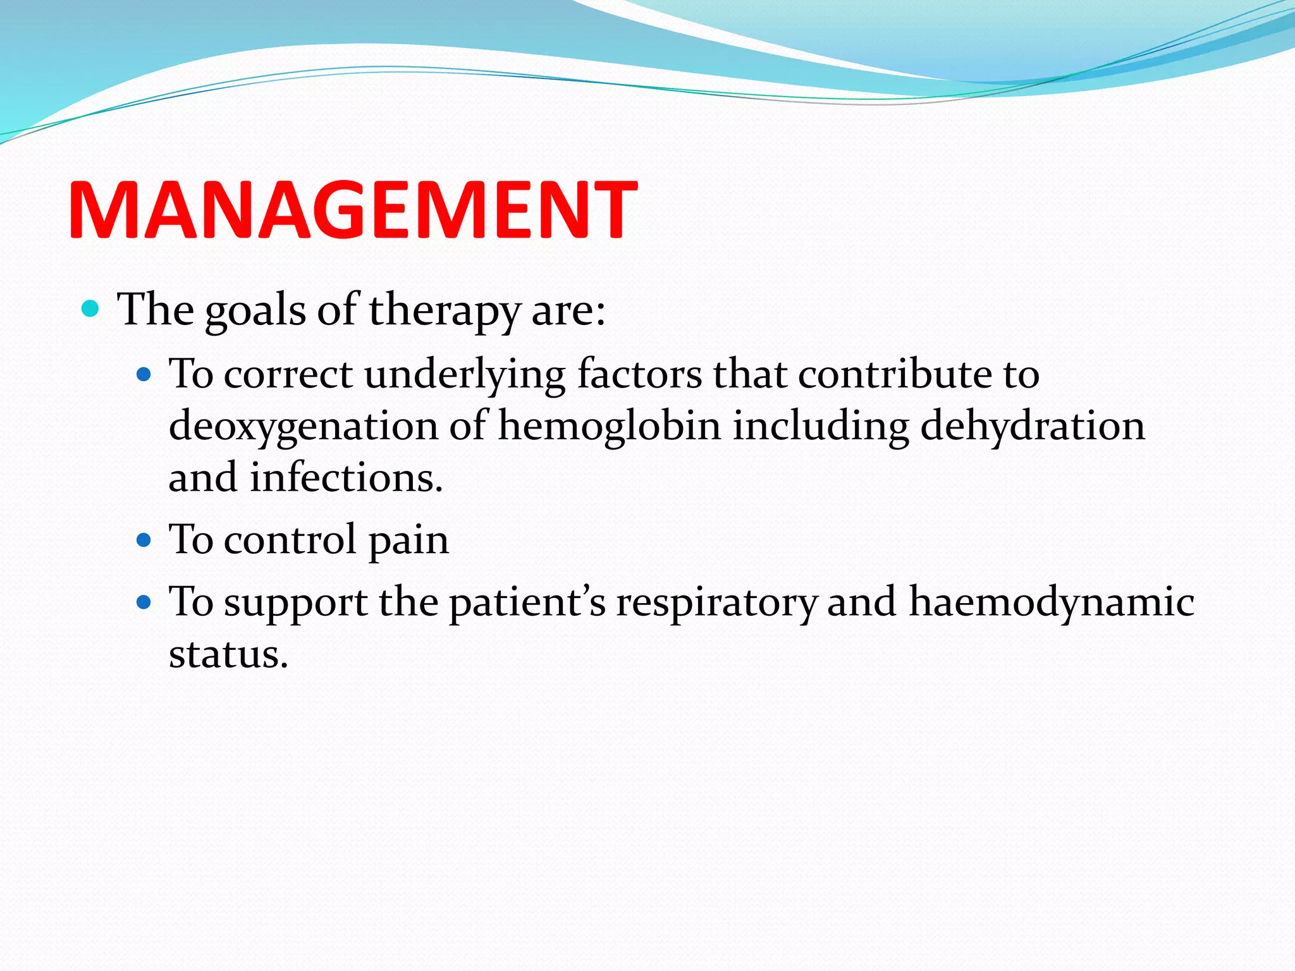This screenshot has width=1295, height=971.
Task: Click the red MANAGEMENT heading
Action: point(352,210)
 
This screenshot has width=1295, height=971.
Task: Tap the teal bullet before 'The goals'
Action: point(91,309)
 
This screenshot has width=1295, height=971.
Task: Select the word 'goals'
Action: point(255,311)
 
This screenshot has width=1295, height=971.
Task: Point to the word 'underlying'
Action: point(464,375)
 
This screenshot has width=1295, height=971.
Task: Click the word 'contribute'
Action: point(895,374)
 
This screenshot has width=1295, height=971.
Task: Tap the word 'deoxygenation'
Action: point(303,425)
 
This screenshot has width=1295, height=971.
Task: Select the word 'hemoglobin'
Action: point(610,425)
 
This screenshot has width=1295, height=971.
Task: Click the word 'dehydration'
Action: point(1032,425)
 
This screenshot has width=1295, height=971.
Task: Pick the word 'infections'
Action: point(345,477)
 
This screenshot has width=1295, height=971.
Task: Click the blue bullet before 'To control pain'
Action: point(144,540)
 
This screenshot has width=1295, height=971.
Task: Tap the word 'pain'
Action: point(408,541)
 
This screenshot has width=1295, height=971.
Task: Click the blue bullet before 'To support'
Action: point(144,602)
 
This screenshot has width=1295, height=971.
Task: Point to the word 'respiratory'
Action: point(716,603)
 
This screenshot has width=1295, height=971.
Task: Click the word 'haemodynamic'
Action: point(1052,602)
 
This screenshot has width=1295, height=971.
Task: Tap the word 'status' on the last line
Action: point(224,654)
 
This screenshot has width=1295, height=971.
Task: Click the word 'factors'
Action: point(639,374)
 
